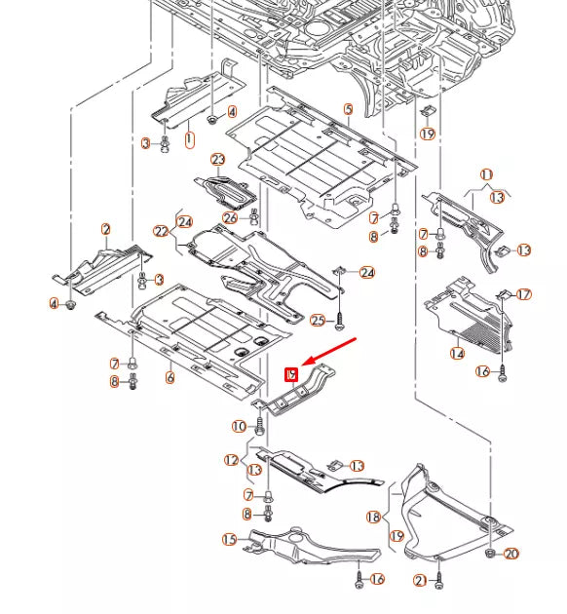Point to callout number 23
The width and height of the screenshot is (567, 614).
coord(217,160)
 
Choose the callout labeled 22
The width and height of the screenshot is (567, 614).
coord(161,231)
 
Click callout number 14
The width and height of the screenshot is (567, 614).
coord(457,353)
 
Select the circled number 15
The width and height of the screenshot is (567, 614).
coord(229,539)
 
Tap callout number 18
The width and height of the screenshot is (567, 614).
coord(372,517)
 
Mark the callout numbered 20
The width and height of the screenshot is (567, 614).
coord(511,554)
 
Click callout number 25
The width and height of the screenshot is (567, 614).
coord(318,320)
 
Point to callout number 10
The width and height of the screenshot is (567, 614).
coord(239,426)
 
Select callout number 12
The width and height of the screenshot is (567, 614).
coord(231,459)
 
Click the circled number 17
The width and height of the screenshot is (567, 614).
coord(524,294)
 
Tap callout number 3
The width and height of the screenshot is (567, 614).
coord(146,143)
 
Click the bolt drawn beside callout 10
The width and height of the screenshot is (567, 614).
coord(260,425)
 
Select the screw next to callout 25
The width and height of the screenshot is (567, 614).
coord(339,319)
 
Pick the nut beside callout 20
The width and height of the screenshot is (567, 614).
coord(491,554)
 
